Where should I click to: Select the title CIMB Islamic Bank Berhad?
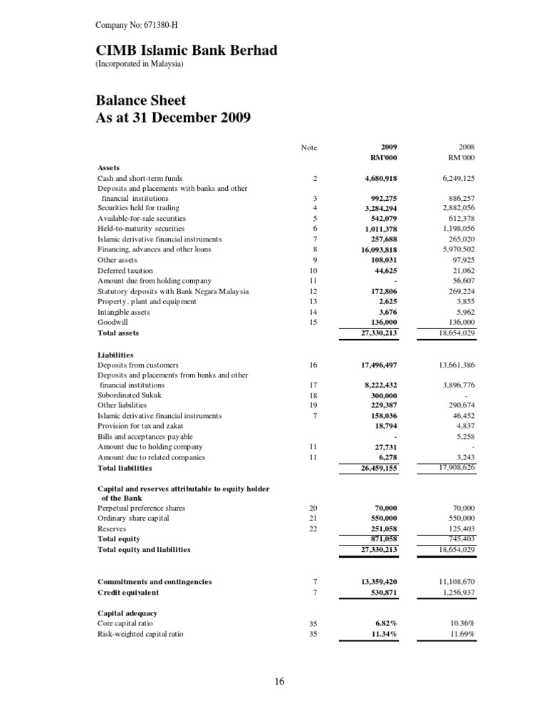(187, 51)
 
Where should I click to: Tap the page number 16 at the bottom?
(278, 682)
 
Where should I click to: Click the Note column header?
(309, 148)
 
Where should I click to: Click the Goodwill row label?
(113, 322)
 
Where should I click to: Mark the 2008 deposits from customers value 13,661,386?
(453, 365)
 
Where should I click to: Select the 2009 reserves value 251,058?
(378, 529)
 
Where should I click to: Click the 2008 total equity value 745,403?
(458, 539)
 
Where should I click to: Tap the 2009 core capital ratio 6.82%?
(383, 623)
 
